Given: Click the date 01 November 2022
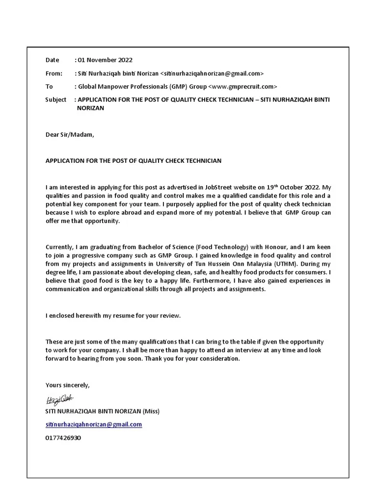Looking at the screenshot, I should (x=105, y=60).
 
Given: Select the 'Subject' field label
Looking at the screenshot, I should (x=55, y=100).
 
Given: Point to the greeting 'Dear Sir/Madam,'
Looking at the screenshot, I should (x=69, y=135).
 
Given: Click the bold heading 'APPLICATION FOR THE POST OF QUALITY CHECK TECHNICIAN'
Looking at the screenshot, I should (x=134, y=160).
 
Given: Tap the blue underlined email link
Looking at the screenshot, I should (x=94, y=424).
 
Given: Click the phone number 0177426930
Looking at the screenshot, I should (x=63, y=437).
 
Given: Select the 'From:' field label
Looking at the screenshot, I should (x=54, y=74).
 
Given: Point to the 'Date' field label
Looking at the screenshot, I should (x=52, y=60).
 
